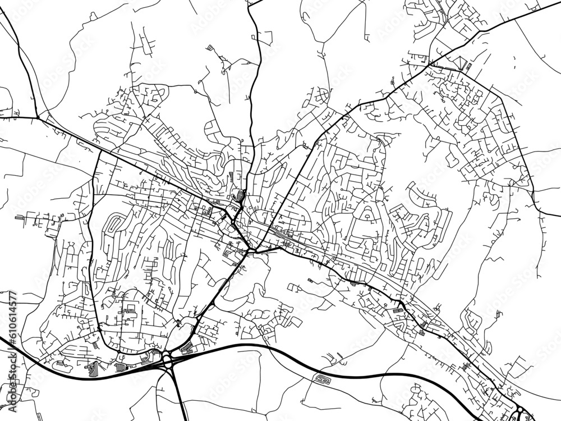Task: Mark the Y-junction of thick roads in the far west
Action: coord(38,118)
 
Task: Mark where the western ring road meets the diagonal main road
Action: coord(100,150)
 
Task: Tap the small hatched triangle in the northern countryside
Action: coord(210,48)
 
